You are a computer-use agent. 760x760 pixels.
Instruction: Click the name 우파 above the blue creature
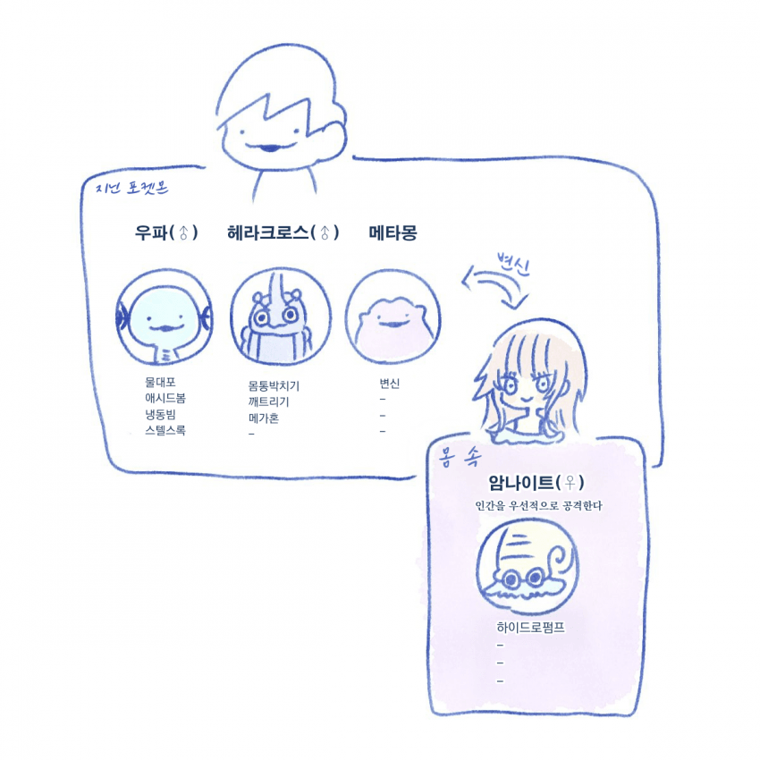152,233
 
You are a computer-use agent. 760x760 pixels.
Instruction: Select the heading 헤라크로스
268,233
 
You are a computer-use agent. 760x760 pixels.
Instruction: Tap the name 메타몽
393,233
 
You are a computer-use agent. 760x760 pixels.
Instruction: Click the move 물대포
160,383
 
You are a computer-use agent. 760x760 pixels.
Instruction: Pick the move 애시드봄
165,399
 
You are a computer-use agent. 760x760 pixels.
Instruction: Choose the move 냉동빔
160,414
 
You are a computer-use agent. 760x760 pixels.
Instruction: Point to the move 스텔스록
165,430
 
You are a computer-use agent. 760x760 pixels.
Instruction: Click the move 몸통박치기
274,386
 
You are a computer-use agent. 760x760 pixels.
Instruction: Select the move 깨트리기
268,402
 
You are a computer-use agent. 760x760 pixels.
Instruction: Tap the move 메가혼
264,418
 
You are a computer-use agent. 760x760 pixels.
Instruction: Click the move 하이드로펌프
531,628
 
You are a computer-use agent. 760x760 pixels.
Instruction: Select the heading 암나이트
521,482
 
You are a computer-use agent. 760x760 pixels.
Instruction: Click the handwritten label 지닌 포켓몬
131,187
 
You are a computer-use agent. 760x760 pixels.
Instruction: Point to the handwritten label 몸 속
460,457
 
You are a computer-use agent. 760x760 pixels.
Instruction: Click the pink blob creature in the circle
393,325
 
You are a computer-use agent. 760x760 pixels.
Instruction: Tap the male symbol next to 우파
183,233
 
